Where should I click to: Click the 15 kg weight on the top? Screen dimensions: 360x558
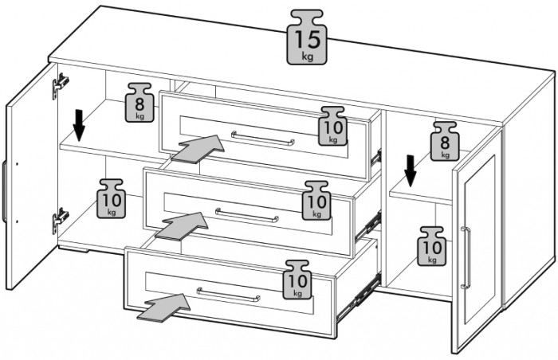tap(308, 38)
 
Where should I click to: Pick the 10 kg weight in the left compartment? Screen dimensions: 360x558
tap(111, 199)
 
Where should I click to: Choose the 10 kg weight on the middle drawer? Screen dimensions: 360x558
tap(316, 201)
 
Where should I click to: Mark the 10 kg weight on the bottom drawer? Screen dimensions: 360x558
tap(297, 280)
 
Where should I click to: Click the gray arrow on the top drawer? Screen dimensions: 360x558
tap(197, 148)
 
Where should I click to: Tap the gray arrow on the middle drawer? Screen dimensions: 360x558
tap(181, 225)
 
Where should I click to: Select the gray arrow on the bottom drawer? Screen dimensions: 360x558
tap(165, 304)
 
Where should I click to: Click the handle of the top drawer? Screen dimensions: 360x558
tap(263, 139)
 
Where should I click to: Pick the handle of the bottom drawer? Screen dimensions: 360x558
tap(230, 294)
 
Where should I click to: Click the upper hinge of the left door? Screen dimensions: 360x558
tap(60, 84)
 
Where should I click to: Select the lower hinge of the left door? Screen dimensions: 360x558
tap(59, 219)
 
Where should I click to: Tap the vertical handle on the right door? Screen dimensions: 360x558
tap(466, 257)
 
